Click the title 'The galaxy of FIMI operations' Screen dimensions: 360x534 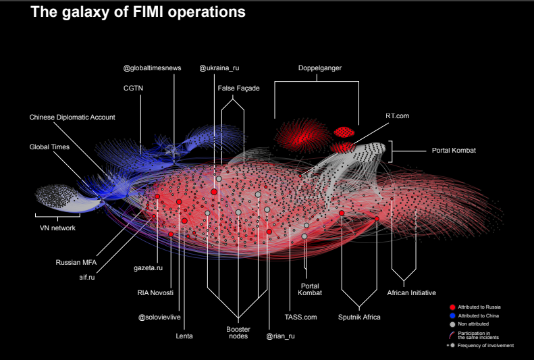click(138, 12)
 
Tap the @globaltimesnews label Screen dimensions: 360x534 click(152, 68)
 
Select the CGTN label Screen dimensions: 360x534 click(133, 88)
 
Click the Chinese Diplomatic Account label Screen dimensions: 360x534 click(72, 117)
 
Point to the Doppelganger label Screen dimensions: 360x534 click(319, 68)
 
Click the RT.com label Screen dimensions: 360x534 click(398, 116)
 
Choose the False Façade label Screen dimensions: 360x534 click(238, 88)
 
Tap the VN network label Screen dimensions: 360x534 click(57, 228)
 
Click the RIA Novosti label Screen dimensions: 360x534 click(155, 292)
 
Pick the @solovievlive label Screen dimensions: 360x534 click(161, 317)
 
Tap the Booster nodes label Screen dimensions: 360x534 click(237, 332)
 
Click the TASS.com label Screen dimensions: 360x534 click(300, 317)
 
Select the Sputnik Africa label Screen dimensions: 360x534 click(359, 317)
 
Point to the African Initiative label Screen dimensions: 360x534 click(411, 292)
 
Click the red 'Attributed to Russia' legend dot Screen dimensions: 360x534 click(452, 307)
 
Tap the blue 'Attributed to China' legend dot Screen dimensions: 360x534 click(452, 316)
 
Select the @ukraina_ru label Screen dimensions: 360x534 click(219, 68)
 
